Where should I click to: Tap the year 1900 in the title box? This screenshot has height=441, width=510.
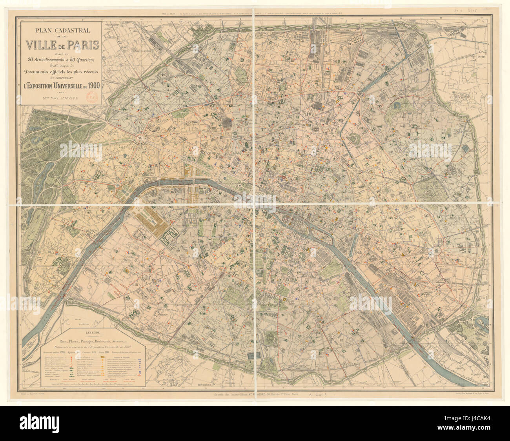[91, 85]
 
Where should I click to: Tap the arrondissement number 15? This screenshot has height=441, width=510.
[136, 284]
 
